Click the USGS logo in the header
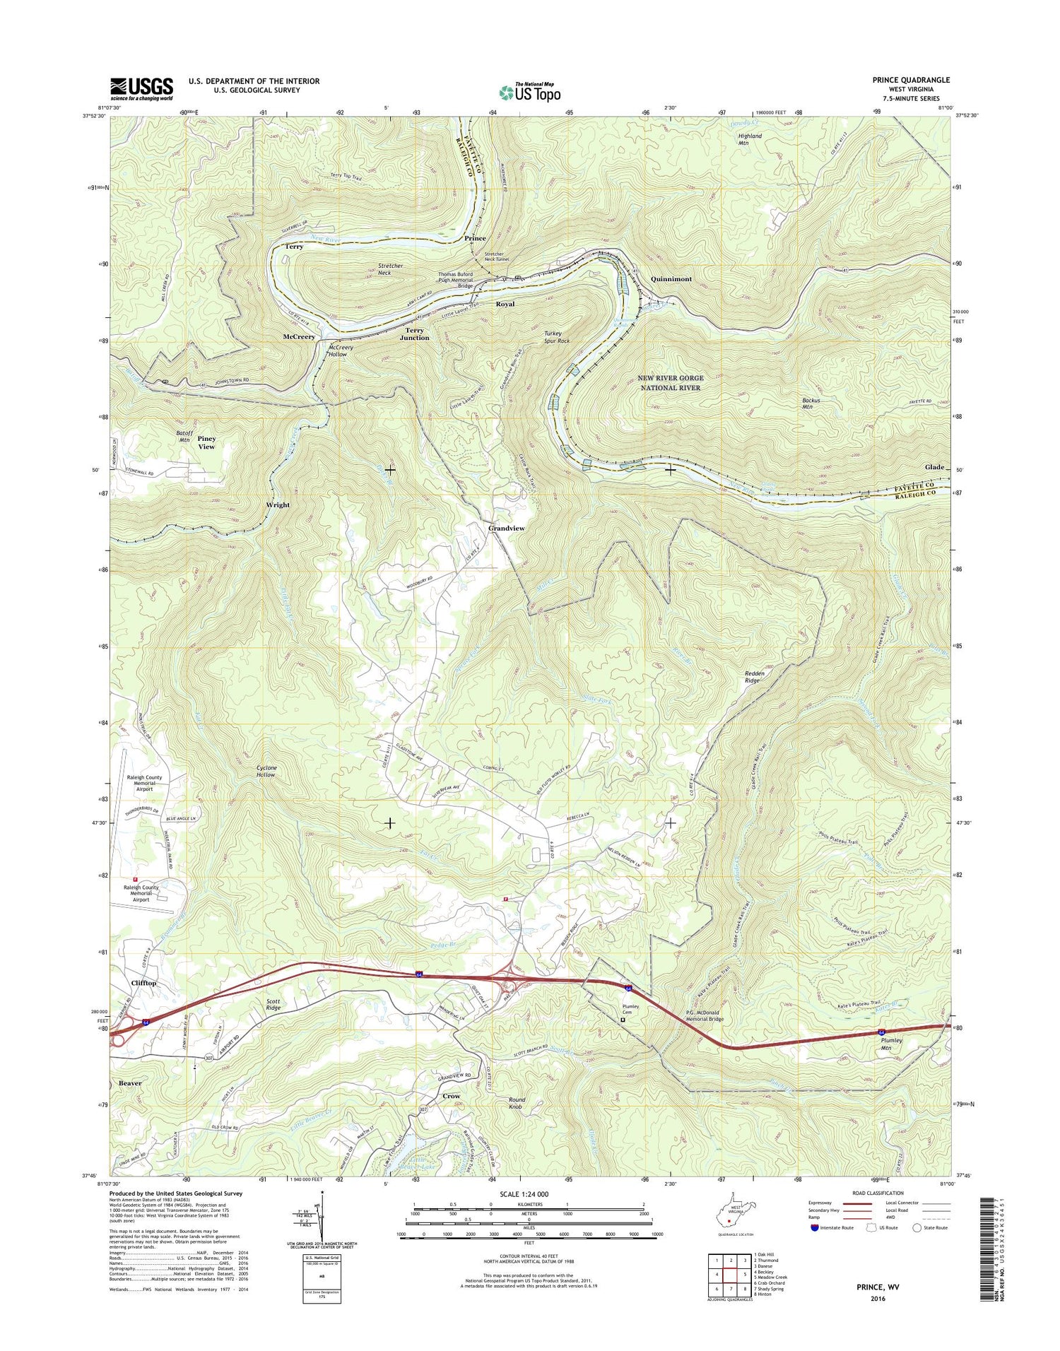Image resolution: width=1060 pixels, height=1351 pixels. (x=141, y=88)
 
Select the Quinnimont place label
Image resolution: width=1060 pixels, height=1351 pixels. (x=671, y=279)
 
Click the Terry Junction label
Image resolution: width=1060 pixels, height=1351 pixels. (x=414, y=334)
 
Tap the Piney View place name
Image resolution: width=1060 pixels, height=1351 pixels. (x=206, y=442)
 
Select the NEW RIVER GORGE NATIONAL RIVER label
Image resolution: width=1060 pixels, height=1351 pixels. (x=670, y=383)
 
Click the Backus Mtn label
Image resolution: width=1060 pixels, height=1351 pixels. (x=811, y=405)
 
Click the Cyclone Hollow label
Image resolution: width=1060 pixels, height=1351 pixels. (x=266, y=771)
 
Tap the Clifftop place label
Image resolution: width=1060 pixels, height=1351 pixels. (x=143, y=983)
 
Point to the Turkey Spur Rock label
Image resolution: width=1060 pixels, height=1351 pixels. (x=557, y=337)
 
